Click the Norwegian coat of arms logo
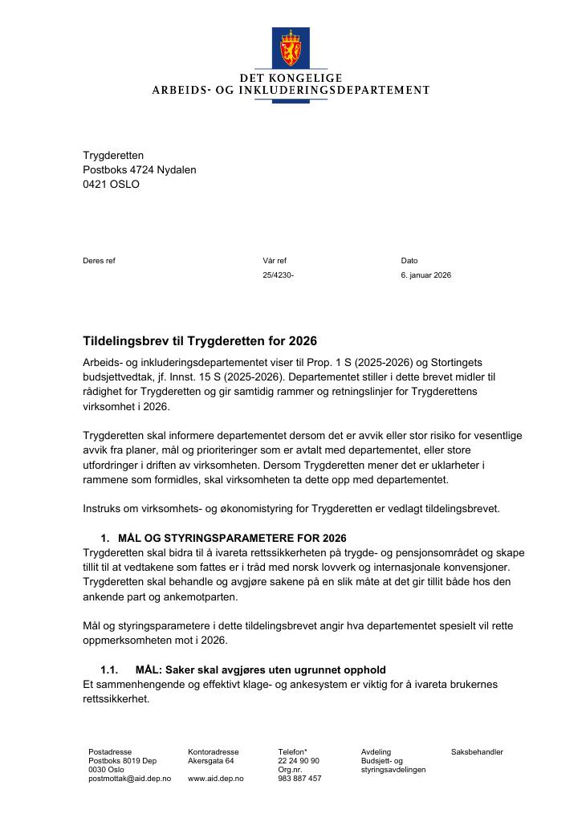pyautogui.click(x=291, y=47)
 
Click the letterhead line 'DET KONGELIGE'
pyautogui.click(x=291, y=78)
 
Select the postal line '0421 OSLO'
pyautogui.click(x=111, y=184)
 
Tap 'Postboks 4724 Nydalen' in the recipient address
pyautogui.click(x=139, y=169)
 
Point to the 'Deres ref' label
pyautogui.click(x=99, y=260)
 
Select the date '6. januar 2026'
pyautogui.click(x=425, y=275)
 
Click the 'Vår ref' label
pyautogui.click(x=274, y=260)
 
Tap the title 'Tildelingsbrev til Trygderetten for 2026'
pyautogui.click(x=200, y=341)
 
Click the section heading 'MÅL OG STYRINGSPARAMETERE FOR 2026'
pyautogui.click(x=232, y=538)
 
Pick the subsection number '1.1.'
pyautogui.click(x=109, y=669)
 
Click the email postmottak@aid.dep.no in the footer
pyautogui.click(x=129, y=779)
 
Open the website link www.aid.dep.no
pyautogui.click(x=215, y=779)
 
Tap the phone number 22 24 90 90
pyautogui.click(x=299, y=761)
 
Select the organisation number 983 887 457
pyautogui.click(x=299, y=779)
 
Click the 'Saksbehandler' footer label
pyautogui.click(x=477, y=752)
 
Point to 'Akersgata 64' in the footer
pyautogui.click(x=210, y=761)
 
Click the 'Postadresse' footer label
pyautogui.click(x=110, y=752)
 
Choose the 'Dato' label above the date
pyautogui.click(x=409, y=260)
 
